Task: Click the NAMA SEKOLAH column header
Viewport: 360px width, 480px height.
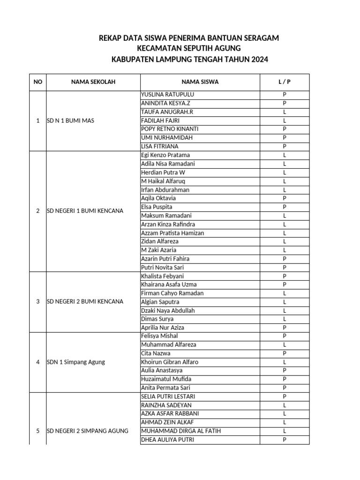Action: pyautogui.click(x=93, y=82)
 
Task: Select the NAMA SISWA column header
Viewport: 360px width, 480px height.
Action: pyautogui.click(x=200, y=82)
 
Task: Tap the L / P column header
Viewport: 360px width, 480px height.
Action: pyautogui.click(x=285, y=82)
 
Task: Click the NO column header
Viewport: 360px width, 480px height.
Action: pyautogui.click(x=38, y=82)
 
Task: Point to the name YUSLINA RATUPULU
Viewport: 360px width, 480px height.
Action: pyautogui.click(x=167, y=95)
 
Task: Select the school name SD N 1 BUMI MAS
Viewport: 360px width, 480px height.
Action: pyautogui.click(x=71, y=121)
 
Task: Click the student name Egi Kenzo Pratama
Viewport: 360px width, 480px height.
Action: pyautogui.click(x=165, y=155)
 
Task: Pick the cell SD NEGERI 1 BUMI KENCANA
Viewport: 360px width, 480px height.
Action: pyautogui.click(x=85, y=211)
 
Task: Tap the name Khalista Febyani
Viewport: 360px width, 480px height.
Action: pyautogui.click(x=162, y=276)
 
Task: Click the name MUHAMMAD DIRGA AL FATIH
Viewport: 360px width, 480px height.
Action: pyautogui.click(x=180, y=431)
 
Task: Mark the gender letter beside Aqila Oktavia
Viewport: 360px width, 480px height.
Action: pyautogui.click(x=285, y=198)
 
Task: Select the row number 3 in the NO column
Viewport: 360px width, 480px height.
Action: pyautogui.click(x=38, y=301)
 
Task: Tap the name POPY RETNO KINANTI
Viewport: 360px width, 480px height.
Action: pyautogui.click(x=169, y=129)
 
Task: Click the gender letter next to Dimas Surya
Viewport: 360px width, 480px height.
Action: pyautogui.click(x=285, y=319)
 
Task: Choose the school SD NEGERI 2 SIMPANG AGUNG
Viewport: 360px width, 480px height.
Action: pyautogui.click(x=88, y=431)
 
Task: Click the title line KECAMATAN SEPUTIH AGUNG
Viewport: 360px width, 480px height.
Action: pyautogui.click(x=188, y=49)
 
